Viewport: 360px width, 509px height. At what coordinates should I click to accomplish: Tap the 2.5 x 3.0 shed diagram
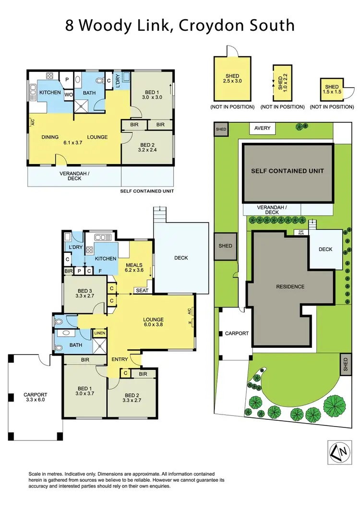(232, 79)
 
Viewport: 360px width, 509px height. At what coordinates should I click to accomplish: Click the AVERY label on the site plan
(263, 129)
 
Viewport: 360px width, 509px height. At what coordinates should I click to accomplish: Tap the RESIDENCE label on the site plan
(290, 287)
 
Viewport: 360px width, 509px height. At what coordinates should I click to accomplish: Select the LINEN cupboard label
(99, 333)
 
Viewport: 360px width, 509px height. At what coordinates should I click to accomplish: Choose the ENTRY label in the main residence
(119, 359)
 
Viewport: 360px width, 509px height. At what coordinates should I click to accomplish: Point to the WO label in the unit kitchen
(69, 95)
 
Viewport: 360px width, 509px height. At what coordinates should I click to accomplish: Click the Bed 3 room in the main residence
(84, 294)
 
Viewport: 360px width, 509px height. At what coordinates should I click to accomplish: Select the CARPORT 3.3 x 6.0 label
(36, 398)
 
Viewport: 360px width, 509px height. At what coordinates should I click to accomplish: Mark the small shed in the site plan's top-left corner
(221, 130)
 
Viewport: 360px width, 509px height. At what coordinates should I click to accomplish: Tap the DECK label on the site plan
(325, 249)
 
